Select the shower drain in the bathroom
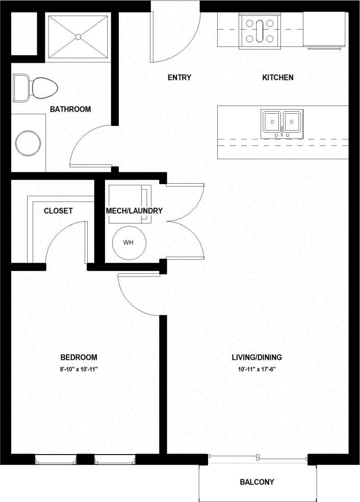click(78, 36)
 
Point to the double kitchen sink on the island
click(282, 123)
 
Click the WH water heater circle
click(128, 242)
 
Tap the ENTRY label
click(179, 78)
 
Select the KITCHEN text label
click(277, 78)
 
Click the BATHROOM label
click(70, 109)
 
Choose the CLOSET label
click(58, 211)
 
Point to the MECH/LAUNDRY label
click(134, 211)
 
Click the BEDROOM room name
click(79, 357)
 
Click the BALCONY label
click(257, 482)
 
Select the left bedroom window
click(56, 460)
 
